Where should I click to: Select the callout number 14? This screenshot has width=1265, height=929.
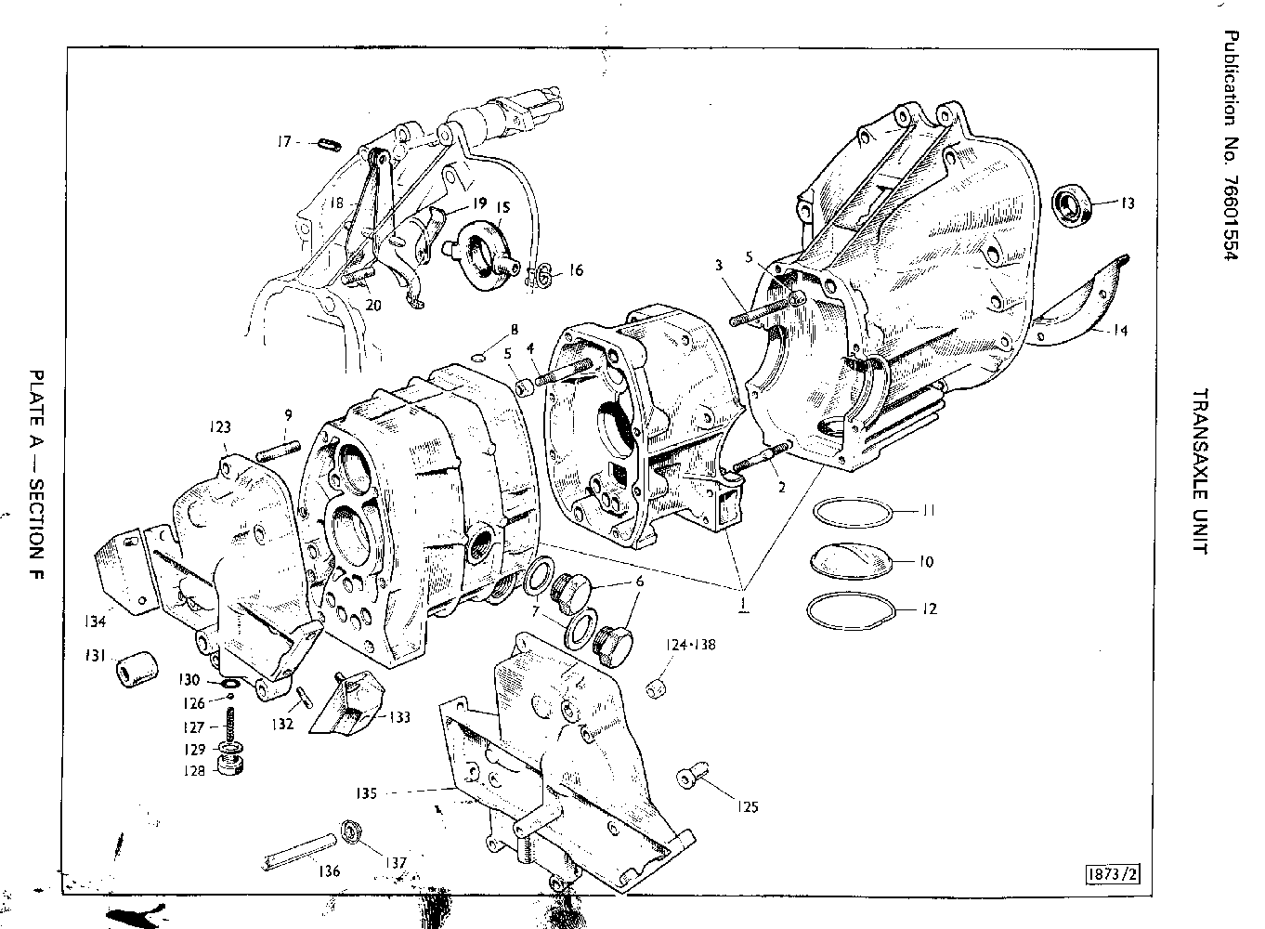tap(1120, 330)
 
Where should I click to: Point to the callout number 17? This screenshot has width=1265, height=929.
tap(284, 142)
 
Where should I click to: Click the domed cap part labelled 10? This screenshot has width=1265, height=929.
tap(851, 560)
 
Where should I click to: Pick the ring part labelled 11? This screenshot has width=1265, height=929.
tap(853, 512)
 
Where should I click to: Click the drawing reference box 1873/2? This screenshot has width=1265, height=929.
tap(1113, 873)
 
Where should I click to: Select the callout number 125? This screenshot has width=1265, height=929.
tap(747, 806)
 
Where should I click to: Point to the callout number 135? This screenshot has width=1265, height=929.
tap(365, 793)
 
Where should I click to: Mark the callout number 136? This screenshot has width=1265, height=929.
tap(329, 871)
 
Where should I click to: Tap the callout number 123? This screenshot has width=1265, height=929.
tap(219, 427)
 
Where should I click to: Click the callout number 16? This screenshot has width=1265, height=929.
tap(576, 270)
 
